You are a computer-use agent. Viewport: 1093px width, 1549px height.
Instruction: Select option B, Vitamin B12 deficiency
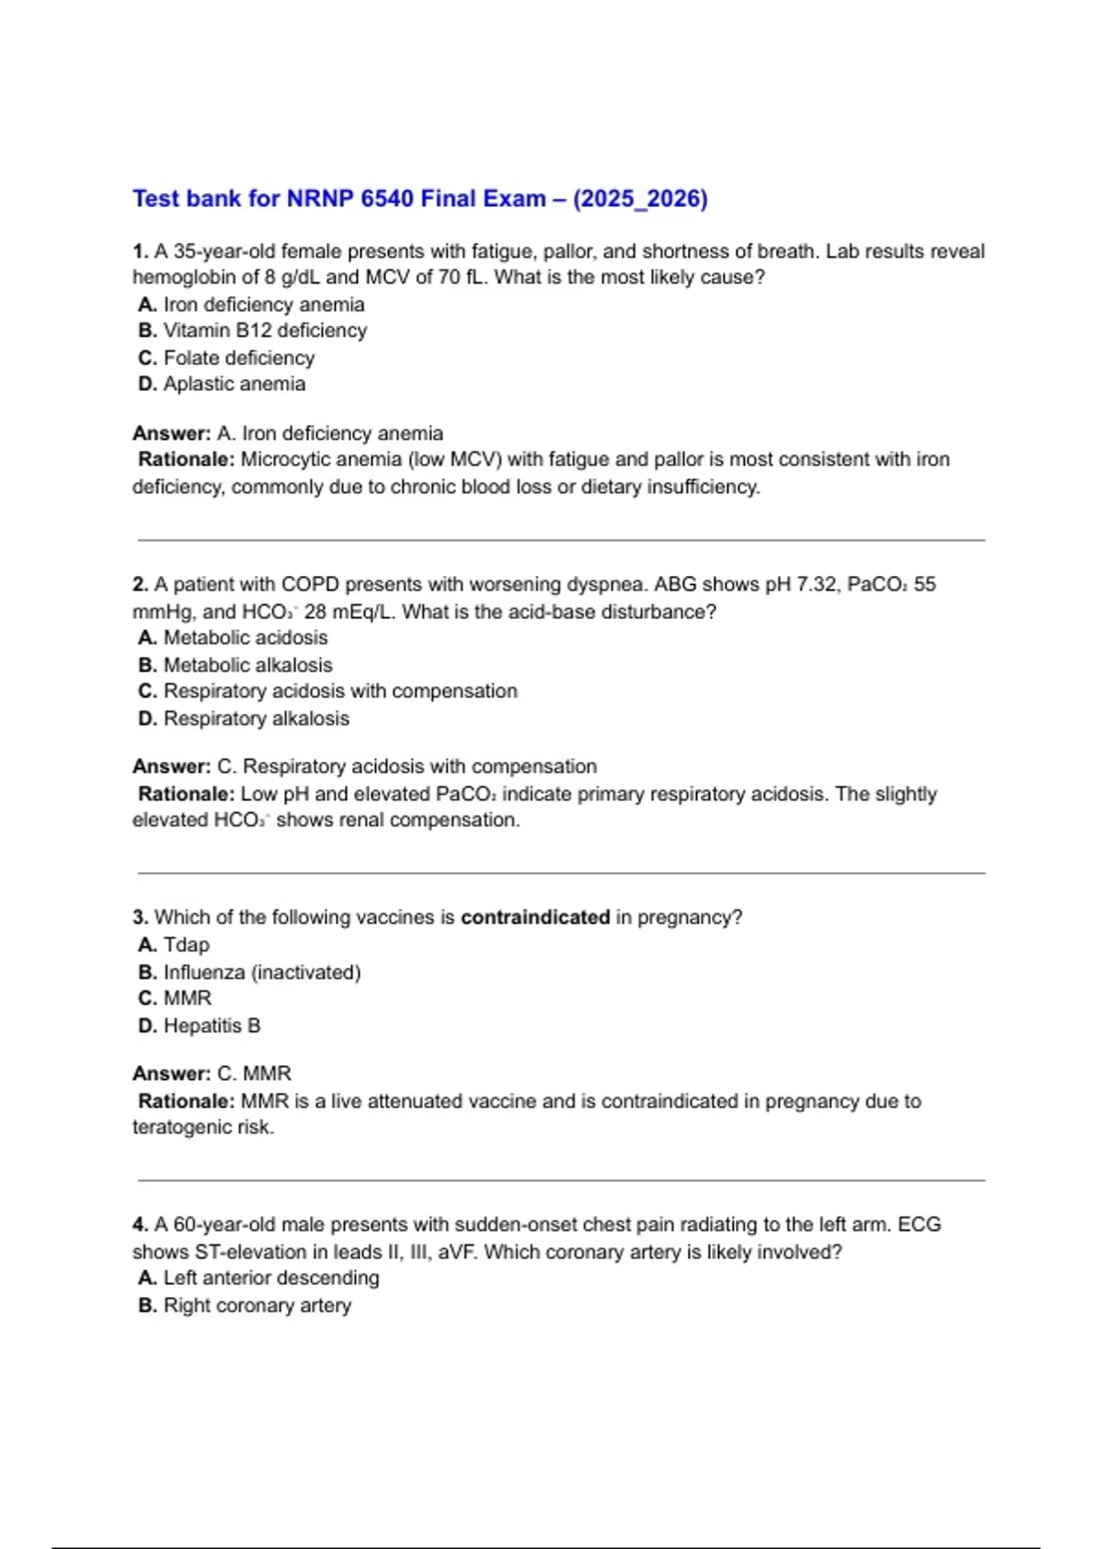tap(252, 331)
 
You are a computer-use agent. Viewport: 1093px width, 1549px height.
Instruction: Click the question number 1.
tap(140, 251)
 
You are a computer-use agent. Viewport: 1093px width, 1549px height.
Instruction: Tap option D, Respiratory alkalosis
tap(243, 719)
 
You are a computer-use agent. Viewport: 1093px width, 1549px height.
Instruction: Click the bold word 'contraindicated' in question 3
tap(536, 918)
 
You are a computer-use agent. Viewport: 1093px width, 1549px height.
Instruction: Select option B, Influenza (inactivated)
tap(250, 972)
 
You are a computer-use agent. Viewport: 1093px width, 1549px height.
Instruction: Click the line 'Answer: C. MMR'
tap(212, 1073)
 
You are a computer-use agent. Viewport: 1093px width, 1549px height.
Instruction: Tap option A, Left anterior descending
tap(259, 1278)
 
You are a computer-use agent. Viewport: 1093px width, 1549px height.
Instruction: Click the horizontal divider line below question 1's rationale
tap(561, 540)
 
